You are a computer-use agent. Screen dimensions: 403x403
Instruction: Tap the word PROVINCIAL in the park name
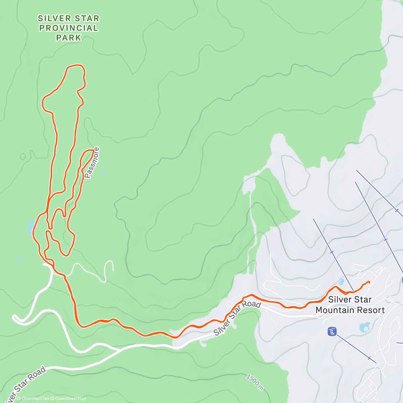pyautogui.click(x=69, y=28)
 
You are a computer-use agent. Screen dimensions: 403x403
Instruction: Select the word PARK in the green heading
pyautogui.click(x=69, y=38)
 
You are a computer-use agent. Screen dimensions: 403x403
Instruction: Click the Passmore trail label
pyautogui.click(x=92, y=163)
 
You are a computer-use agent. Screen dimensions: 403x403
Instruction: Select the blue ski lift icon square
pyautogui.click(x=332, y=332)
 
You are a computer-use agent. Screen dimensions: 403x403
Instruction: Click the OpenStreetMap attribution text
pyautogui.click(x=70, y=399)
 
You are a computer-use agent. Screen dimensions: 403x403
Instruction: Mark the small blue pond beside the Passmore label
pyautogui.click(x=103, y=173)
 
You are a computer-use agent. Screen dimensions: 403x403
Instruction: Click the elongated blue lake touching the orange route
pyautogui.click(x=30, y=227)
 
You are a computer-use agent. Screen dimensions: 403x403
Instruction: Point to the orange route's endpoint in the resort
pyautogui.click(x=369, y=282)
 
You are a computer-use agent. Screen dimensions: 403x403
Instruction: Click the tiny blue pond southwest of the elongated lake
pyautogui.click(x=19, y=259)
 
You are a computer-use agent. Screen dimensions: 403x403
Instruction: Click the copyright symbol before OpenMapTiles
pyautogui.click(x=19, y=399)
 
